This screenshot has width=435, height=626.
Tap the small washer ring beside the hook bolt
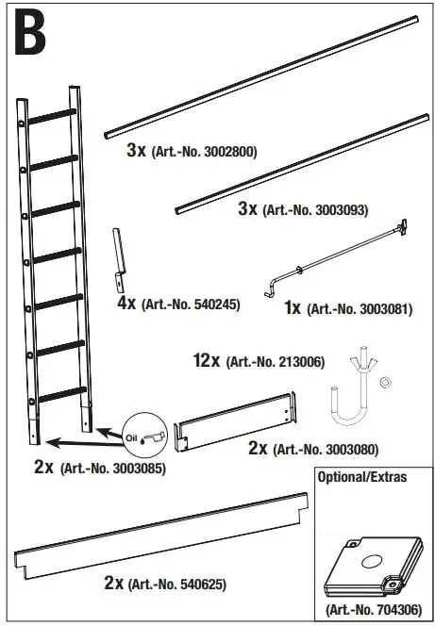point(386,383)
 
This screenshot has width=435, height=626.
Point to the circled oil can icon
point(145,435)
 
